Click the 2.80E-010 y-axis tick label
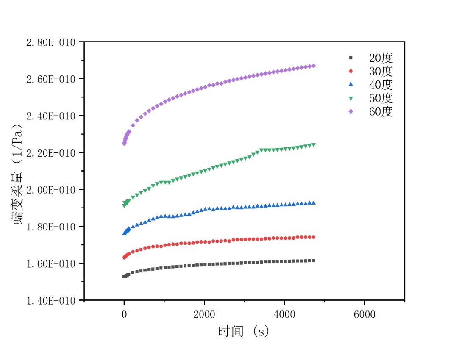[x=51, y=42]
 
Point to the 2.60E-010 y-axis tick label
[x=51, y=79]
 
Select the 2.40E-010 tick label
[x=51, y=116]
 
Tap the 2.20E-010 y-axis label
[x=51, y=153]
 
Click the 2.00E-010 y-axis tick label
[x=51, y=190]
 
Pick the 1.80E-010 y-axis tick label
[x=51, y=227]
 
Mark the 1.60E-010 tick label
[x=51, y=263]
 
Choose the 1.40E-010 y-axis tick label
[x=51, y=300]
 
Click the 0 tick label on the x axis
[x=124, y=314]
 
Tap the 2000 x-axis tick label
[x=204, y=314]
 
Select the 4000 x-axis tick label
[x=284, y=314]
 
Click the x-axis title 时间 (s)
[x=244, y=331]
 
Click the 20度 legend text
[x=381, y=58]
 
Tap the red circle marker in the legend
[x=350, y=71]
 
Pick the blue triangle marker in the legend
[x=350, y=85]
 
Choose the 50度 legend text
[x=381, y=98]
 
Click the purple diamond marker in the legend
[x=350, y=112]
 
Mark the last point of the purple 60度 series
[x=314, y=66]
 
